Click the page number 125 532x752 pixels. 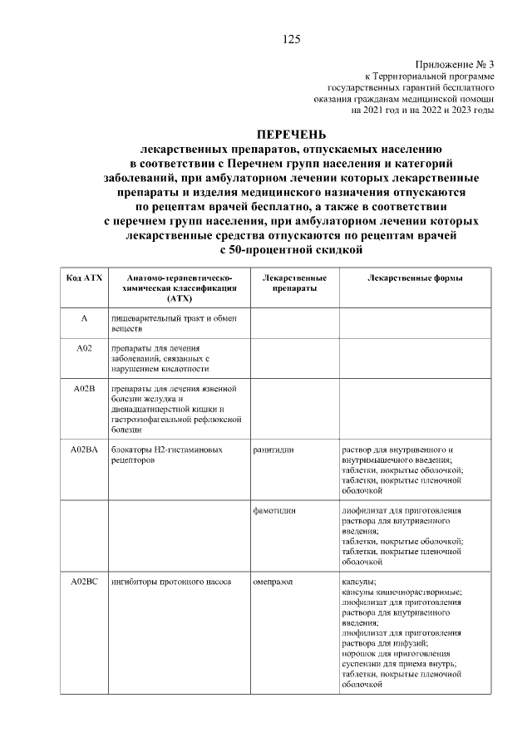pos(291,39)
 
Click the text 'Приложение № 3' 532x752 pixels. pos(453,64)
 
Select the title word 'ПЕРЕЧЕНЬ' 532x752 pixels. pos(291,134)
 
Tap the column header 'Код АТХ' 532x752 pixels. pos(84,278)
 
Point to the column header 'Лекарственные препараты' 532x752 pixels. pos(293,283)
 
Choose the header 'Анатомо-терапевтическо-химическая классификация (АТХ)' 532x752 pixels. pos(179,288)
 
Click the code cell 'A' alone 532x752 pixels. pos(84,319)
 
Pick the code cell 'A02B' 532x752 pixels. pos(84,388)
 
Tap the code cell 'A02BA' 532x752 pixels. pos(84,450)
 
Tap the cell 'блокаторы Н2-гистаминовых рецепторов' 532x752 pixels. pos(167,455)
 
